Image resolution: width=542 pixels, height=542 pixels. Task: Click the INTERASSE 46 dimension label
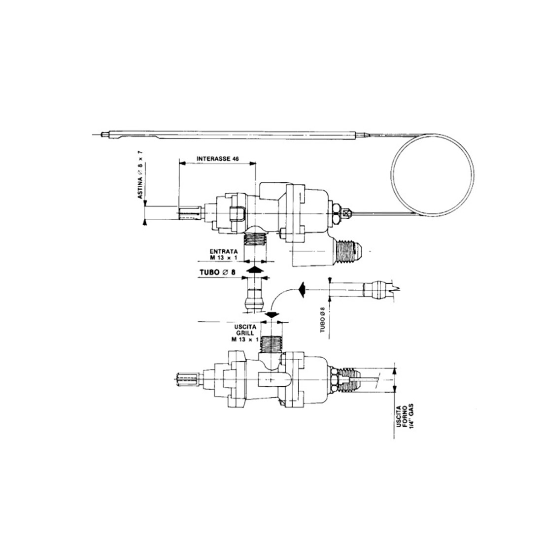217,159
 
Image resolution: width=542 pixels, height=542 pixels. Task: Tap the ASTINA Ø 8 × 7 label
140,174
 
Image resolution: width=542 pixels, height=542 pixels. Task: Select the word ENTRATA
224,251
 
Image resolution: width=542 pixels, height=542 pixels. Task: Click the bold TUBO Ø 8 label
217,272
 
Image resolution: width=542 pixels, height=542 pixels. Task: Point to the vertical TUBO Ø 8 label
323,320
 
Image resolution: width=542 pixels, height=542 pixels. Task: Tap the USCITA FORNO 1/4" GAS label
405,417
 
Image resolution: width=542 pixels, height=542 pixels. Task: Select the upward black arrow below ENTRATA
255,269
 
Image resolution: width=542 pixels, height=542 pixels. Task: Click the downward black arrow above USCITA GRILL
272,314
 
